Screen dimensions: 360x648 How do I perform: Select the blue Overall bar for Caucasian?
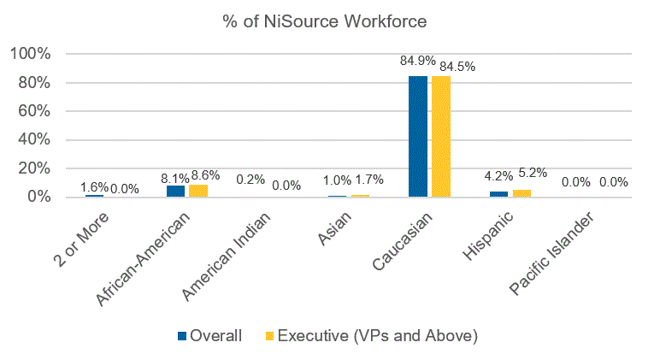point(418,137)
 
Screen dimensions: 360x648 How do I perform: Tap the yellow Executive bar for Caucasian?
point(440,137)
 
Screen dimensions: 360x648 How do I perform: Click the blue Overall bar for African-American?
point(175,191)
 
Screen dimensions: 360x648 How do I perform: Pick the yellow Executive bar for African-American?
point(198,191)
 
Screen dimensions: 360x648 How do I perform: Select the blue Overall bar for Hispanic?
point(498,194)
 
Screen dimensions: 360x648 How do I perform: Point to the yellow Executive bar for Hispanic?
point(521,193)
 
